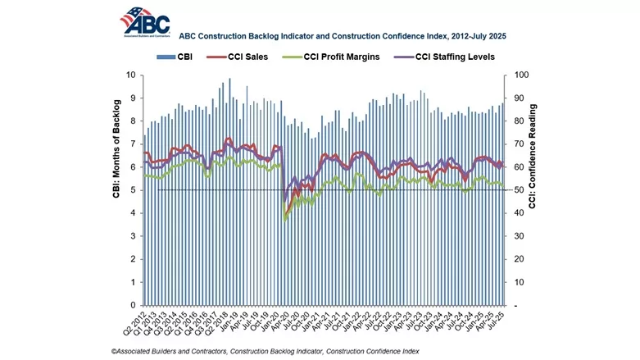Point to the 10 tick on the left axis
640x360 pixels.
click(131, 75)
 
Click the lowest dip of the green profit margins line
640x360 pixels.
click(284, 219)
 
